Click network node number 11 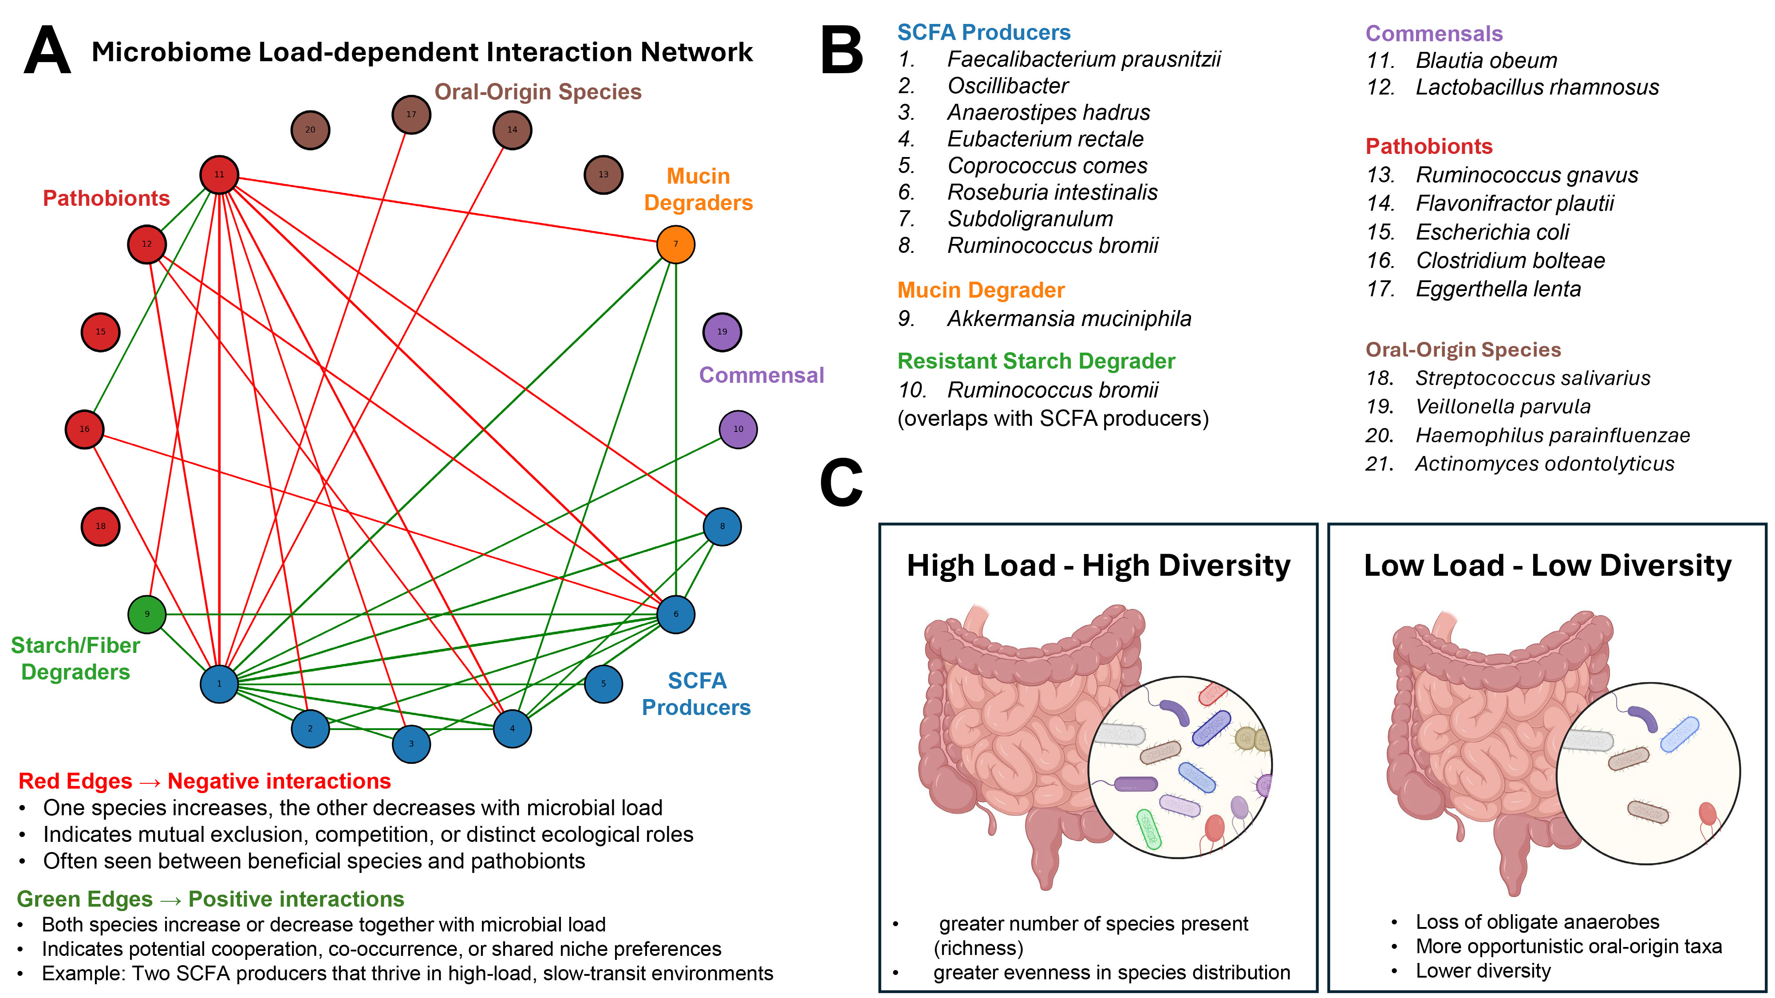click(219, 175)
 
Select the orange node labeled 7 click(675, 244)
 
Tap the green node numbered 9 click(147, 614)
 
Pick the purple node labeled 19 click(722, 332)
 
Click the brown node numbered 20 click(310, 130)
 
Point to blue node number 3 click(411, 744)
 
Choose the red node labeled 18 click(101, 526)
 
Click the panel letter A click(47, 51)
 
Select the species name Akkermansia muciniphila click(1069, 319)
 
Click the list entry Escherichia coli click(1492, 232)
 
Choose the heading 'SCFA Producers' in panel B click(983, 32)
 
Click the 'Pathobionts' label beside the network click(106, 198)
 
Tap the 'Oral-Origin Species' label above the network click(537, 92)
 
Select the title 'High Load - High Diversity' click(1098, 566)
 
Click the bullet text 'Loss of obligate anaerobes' click(1537, 922)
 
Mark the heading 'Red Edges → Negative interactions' click(205, 781)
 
